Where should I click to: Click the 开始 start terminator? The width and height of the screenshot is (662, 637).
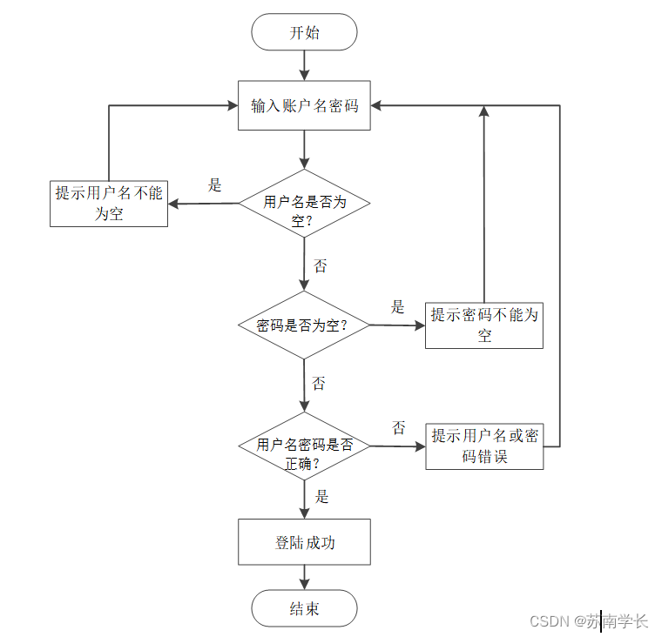pos(304,32)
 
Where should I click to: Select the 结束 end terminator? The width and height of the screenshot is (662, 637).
pos(304,608)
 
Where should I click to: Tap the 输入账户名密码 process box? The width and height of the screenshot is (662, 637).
pos(304,105)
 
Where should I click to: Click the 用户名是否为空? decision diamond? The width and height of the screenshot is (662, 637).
pos(304,204)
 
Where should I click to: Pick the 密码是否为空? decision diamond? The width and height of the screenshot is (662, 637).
pos(304,325)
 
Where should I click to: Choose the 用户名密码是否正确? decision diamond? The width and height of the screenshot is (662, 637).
pos(304,446)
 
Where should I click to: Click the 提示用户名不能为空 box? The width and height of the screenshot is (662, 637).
pos(109,204)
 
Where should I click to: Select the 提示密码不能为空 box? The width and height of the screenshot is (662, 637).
pos(484,325)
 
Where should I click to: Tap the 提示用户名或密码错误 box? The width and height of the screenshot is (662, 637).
pos(484,446)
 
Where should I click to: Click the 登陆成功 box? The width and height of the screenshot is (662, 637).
pos(304,542)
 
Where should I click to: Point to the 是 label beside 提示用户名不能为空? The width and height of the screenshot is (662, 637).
pos(214,185)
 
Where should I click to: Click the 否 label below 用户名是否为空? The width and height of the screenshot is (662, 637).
pos(320,265)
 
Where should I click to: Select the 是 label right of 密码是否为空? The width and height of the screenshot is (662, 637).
pos(397,307)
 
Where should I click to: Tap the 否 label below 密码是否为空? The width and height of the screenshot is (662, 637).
pos(318,383)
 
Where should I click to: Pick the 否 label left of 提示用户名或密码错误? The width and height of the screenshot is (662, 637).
pos(399,428)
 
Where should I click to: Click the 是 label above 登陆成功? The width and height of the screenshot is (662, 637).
pos(321,497)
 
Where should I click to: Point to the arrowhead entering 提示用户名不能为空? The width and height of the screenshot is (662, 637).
pos(173,205)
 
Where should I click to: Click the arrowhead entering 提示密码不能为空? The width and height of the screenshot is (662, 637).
pos(420,325)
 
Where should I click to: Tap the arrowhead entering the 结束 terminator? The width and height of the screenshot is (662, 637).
pos(304,585)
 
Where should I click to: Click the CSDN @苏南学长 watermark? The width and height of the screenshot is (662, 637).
pos(589,621)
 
